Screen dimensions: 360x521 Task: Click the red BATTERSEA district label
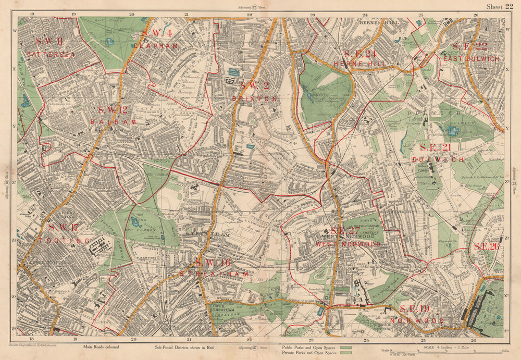point(51,54)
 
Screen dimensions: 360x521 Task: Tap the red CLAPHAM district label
point(156,46)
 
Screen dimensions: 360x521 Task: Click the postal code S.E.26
point(486,246)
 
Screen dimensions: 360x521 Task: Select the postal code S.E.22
point(469,46)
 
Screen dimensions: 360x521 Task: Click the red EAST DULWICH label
point(471,59)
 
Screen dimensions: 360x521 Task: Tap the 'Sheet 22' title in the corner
point(500,6)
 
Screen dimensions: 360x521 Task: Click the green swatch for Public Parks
point(346,346)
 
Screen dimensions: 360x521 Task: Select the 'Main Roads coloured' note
point(100,346)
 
